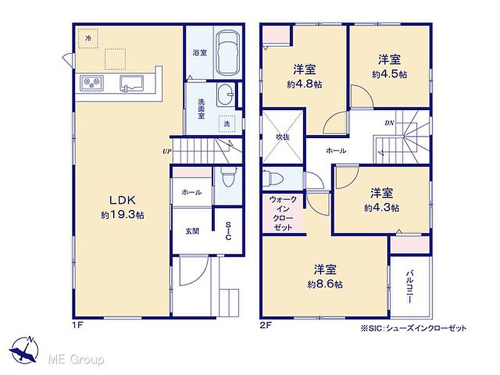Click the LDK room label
pos(122,200)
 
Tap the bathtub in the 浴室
pos(227,52)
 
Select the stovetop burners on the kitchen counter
pos(91,83)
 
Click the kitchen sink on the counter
pos(132,83)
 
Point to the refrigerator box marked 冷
pos(88,38)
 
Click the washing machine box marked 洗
pos(227,123)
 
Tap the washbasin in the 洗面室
pos(226,95)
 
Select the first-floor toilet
pos(227,178)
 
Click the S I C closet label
pos(228,231)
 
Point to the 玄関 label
pos(192,231)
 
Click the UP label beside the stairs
pos(167,151)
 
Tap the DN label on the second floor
pos(389,122)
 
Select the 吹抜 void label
pos(282,137)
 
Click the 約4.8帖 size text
pos(304,84)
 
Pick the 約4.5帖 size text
pos(389,74)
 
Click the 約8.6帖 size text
pos(325,284)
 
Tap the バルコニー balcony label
pos(410,287)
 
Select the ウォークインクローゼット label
pos(283,213)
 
